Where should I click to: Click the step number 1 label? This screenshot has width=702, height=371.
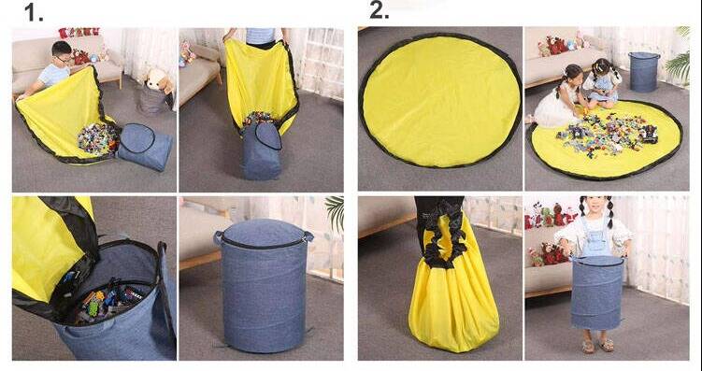point(34,12)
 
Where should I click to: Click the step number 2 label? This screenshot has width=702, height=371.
point(380,10)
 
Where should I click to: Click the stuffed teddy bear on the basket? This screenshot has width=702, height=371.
point(159,80)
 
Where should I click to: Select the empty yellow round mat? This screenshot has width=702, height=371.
point(440,100)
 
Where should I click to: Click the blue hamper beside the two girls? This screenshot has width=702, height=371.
point(644,72)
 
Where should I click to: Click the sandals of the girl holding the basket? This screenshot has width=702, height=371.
point(597,345)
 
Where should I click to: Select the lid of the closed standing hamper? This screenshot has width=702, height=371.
point(264,234)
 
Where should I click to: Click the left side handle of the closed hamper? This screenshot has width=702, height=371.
point(218,237)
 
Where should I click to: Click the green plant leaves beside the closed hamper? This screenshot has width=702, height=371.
point(336,212)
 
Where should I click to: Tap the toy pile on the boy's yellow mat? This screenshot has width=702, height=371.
point(98,138)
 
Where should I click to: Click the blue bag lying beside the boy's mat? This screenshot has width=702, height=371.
point(145,147)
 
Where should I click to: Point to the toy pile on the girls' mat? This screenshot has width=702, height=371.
point(608,133)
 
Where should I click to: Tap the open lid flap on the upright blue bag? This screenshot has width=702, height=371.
point(267,136)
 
